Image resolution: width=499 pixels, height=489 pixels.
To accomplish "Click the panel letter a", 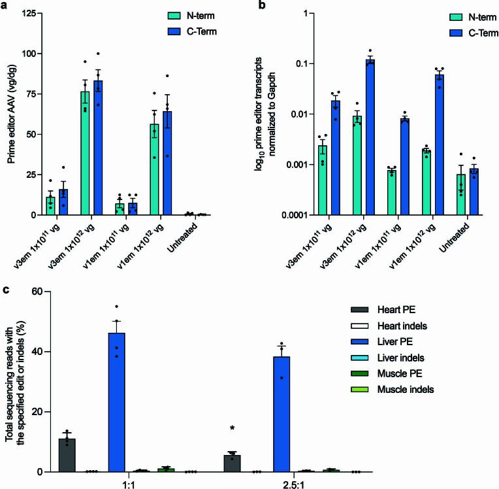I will (6, 6).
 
